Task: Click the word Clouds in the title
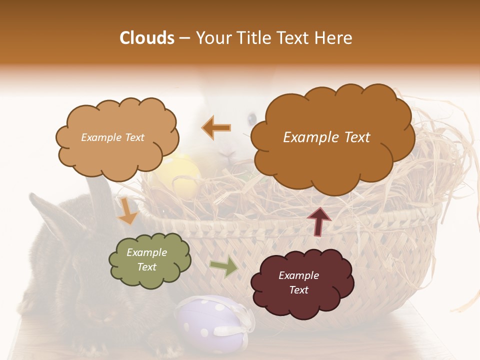click(147, 38)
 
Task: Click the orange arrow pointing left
click(216, 127)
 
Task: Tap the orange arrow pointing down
click(127, 211)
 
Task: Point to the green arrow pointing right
click(223, 266)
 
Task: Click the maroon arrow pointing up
click(319, 221)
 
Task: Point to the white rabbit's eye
click(252, 118)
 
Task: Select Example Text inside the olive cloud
click(147, 259)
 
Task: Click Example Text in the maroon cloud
click(298, 282)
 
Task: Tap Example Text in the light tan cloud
click(112, 137)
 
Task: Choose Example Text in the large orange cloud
click(326, 137)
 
